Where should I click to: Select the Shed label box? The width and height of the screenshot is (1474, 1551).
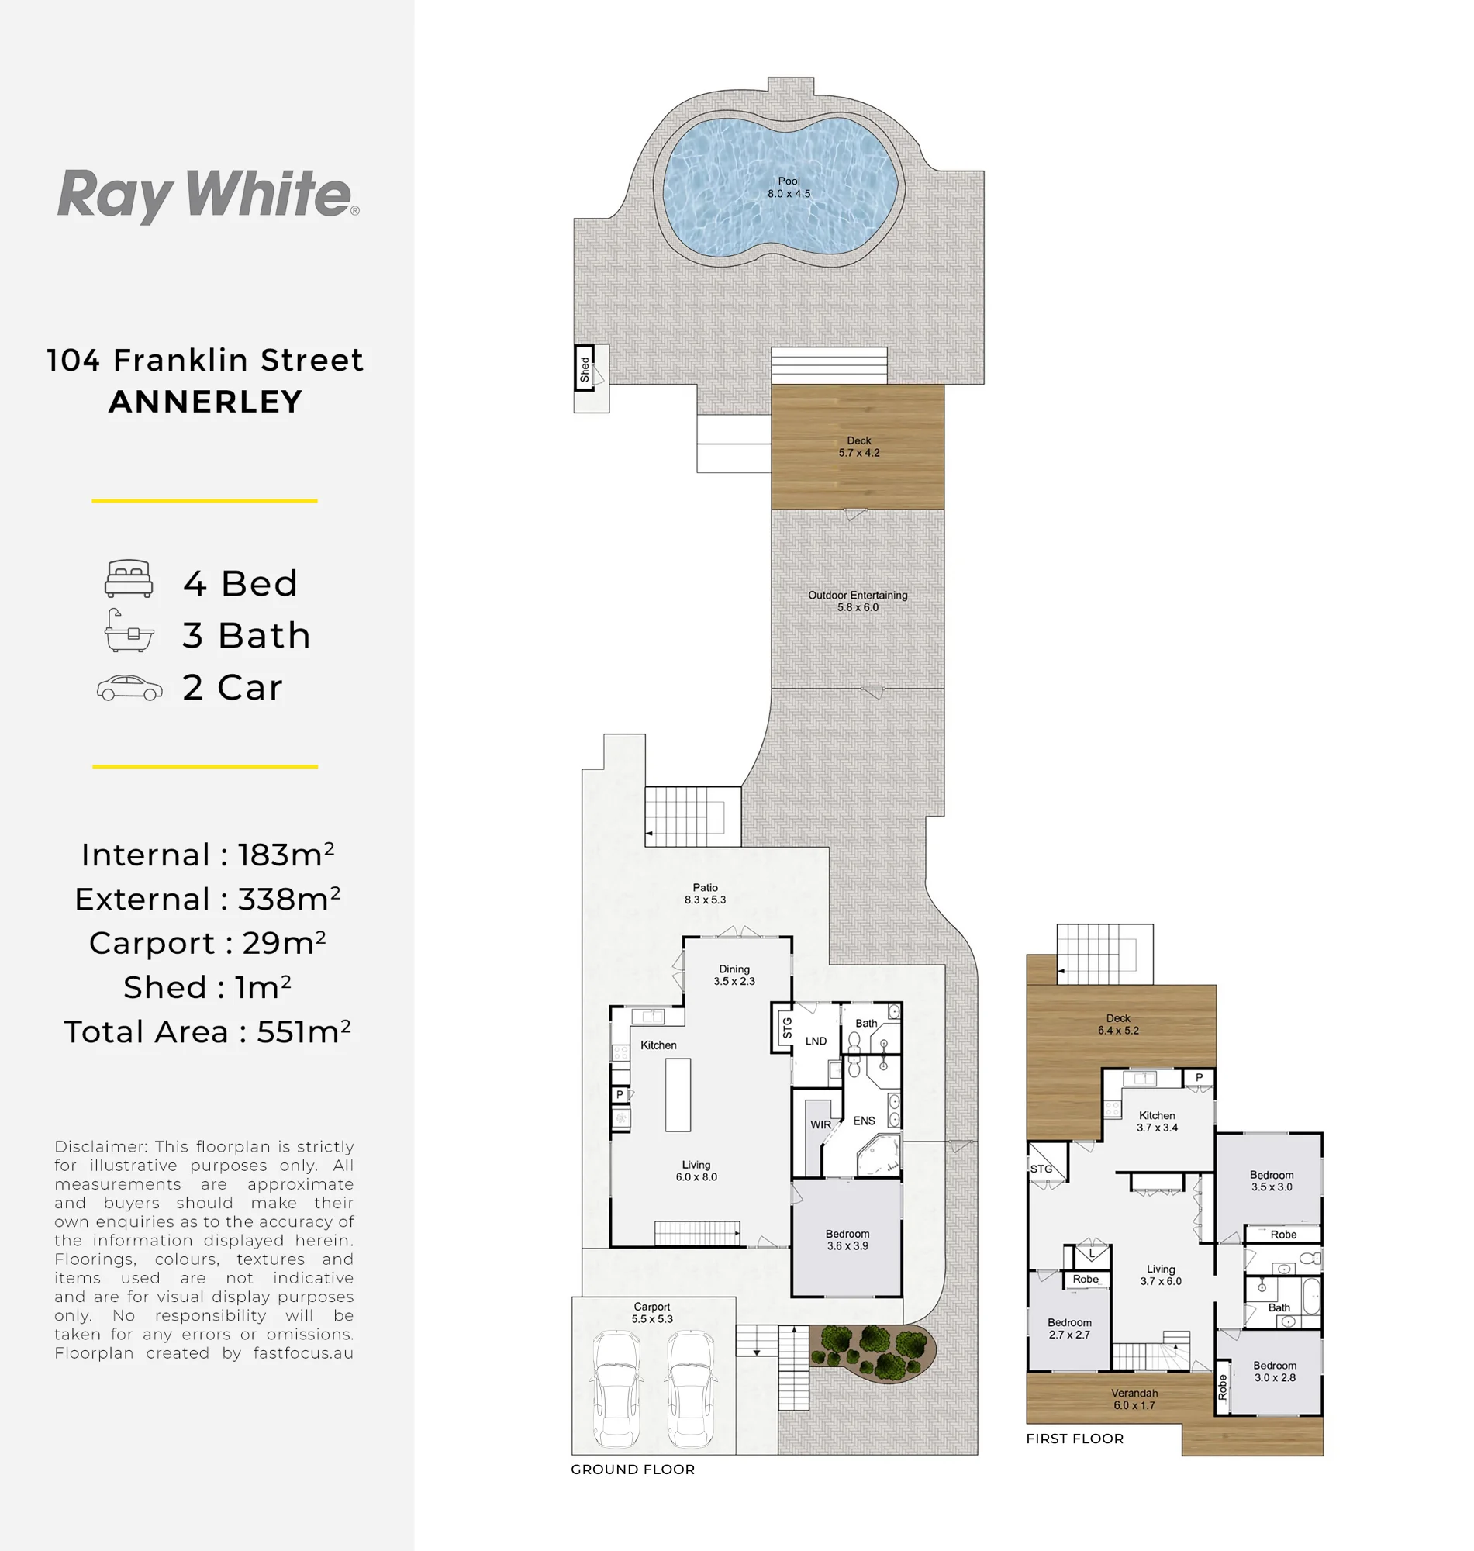click(x=584, y=368)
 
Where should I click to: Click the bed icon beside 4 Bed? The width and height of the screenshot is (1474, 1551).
click(x=129, y=579)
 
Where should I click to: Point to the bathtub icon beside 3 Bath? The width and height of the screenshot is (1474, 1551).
click(x=129, y=631)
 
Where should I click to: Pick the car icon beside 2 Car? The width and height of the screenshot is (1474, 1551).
click(x=129, y=688)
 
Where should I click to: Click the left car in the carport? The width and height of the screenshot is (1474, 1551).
click(x=615, y=1389)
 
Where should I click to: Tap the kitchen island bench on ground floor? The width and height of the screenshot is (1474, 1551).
click(x=678, y=1094)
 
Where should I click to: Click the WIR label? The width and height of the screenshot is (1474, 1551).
click(x=820, y=1124)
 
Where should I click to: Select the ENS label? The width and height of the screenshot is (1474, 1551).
click(x=865, y=1121)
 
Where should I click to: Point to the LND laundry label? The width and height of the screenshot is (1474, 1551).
click(x=816, y=1041)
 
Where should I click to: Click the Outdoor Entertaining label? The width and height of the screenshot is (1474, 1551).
click(x=858, y=595)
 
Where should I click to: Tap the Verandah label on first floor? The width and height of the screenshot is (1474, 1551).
click(x=1134, y=1393)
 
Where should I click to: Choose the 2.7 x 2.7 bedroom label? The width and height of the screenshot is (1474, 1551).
click(x=1069, y=1334)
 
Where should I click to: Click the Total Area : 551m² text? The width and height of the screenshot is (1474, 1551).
click(x=208, y=1031)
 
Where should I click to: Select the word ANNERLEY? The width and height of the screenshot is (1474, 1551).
click(x=205, y=402)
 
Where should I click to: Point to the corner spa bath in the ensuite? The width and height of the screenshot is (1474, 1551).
click(x=878, y=1156)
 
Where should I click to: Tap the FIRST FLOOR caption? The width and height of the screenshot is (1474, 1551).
click(x=1075, y=1439)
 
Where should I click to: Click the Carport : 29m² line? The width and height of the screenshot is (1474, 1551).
click(x=208, y=943)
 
